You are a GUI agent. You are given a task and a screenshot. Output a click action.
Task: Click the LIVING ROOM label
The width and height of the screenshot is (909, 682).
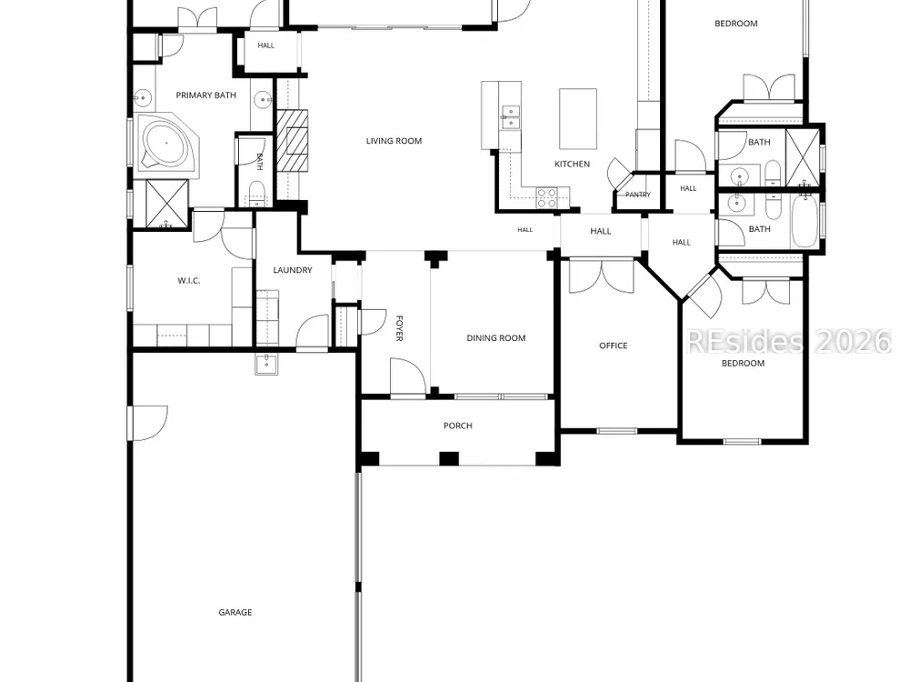(x=394, y=141)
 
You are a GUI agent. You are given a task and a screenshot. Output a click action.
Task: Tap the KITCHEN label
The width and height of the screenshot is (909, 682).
(x=572, y=164)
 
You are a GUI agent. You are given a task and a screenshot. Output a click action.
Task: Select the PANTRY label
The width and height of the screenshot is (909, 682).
(x=638, y=195)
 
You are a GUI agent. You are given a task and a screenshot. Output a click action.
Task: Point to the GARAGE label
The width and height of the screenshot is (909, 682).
(x=235, y=612)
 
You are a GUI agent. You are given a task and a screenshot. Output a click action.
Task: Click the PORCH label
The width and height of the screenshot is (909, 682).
(x=458, y=426)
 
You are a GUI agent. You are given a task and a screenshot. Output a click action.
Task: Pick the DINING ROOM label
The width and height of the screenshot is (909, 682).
(x=496, y=338)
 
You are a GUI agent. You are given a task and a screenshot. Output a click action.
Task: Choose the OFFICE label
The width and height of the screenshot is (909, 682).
(x=614, y=346)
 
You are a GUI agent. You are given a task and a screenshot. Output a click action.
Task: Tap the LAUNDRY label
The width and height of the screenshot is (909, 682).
(x=293, y=270)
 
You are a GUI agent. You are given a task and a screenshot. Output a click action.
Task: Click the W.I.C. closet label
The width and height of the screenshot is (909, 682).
(x=189, y=281)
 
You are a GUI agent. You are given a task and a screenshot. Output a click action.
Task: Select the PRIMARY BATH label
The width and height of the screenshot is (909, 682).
(x=205, y=95)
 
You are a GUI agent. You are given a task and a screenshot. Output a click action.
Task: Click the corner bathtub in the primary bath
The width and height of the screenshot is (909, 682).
(x=167, y=144)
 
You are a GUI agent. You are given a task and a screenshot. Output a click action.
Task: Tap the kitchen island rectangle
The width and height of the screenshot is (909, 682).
(x=578, y=119)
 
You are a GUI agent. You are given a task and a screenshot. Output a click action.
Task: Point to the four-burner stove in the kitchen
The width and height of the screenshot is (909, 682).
(x=546, y=197)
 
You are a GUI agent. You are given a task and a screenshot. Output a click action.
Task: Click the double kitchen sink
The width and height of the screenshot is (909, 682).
(x=511, y=116)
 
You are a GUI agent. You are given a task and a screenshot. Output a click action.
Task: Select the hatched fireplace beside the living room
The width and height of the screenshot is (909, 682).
(x=292, y=141)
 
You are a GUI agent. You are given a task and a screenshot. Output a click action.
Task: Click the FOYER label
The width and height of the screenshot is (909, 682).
(x=399, y=328)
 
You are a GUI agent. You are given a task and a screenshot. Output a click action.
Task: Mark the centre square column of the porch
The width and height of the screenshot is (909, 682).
(x=449, y=458)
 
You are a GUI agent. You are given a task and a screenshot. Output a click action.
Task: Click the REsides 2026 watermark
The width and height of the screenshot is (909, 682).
(x=789, y=342)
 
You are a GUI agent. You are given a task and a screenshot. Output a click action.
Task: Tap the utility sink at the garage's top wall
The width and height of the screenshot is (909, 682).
(x=266, y=363)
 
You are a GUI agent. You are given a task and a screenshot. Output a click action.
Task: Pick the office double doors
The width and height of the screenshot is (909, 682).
(x=602, y=276)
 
